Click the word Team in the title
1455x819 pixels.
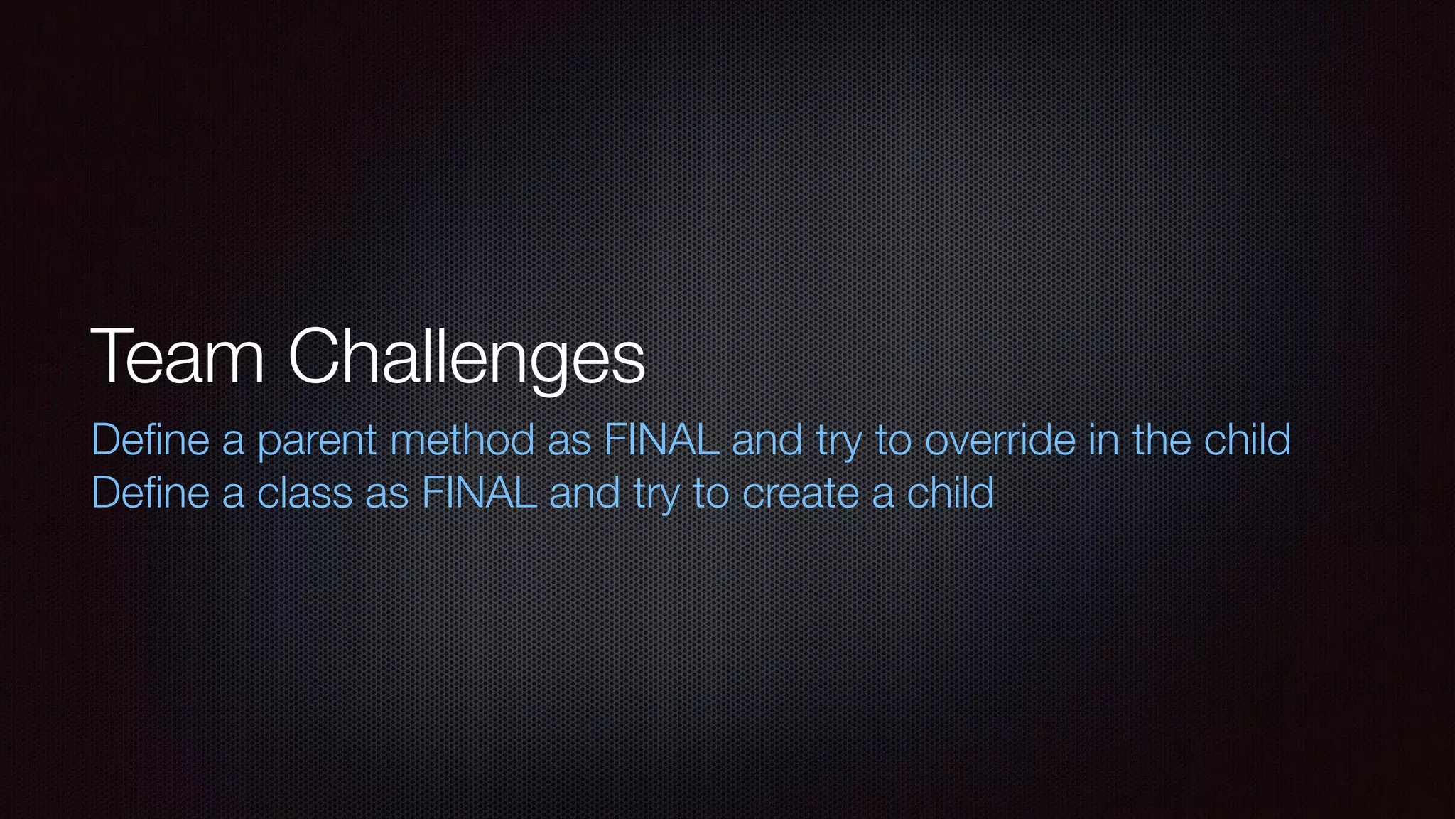coord(178,357)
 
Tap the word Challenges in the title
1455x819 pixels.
coord(466,357)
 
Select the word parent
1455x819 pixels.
coord(317,441)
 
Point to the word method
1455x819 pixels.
coord(463,439)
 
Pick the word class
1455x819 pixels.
coord(305,493)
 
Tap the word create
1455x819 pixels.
coord(800,493)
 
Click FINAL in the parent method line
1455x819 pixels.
coord(661,439)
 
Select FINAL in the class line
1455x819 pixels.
coord(479,493)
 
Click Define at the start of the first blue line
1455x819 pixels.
coord(151,439)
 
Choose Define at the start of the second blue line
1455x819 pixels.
coord(151,493)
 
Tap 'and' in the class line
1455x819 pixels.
coord(585,493)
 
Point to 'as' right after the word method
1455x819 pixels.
coord(570,441)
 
